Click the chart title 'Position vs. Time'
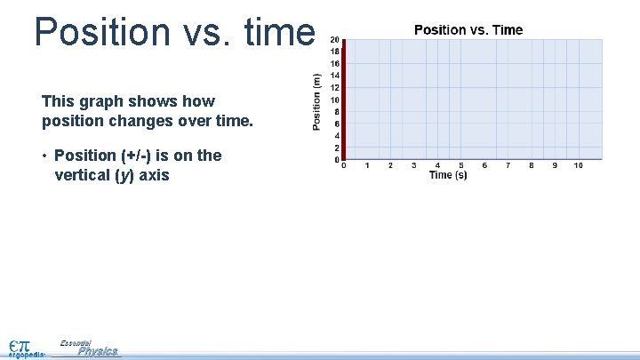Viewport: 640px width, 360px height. coord(468,30)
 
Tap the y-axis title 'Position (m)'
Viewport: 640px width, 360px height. coord(317,101)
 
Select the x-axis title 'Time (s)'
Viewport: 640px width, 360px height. coord(448,175)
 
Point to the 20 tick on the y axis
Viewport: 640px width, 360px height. coord(334,40)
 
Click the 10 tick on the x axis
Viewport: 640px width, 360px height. coord(579,165)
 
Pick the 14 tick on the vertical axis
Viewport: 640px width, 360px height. coord(334,76)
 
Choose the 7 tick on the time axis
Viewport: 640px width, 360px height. coord(508,165)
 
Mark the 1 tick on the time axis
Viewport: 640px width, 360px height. coord(367,165)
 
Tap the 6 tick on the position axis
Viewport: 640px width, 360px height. coord(335,124)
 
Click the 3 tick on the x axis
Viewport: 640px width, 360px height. coord(414,165)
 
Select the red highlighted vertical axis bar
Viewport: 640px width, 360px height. coord(343,99)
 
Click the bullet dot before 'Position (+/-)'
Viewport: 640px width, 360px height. coord(44,156)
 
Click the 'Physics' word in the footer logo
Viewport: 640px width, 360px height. coord(98,351)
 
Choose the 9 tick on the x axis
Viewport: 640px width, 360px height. coord(556,165)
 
